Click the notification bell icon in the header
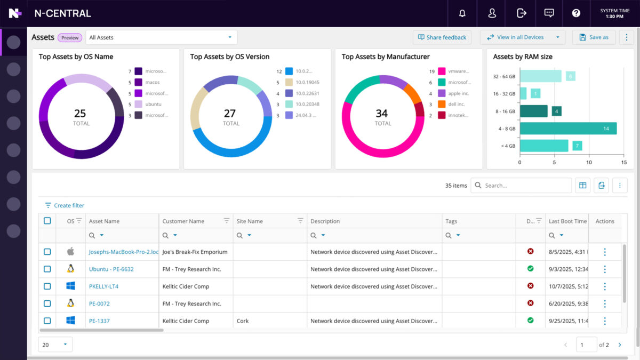(x=462, y=13)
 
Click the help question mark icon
(x=576, y=13)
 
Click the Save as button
(x=594, y=37)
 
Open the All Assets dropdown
(x=161, y=37)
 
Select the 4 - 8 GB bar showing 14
(x=568, y=129)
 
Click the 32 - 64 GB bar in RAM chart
(x=540, y=76)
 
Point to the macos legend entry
(x=152, y=82)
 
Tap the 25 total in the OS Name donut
(x=80, y=114)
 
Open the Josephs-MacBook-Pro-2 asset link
(x=123, y=252)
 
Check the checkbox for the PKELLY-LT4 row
(x=47, y=286)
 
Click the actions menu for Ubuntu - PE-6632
(x=604, y=269)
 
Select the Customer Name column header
(x=183, y=221)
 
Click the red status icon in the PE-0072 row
(x=530, y=303)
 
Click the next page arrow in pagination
(x=620, y=345)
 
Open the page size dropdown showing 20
(x=55, y=345)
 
